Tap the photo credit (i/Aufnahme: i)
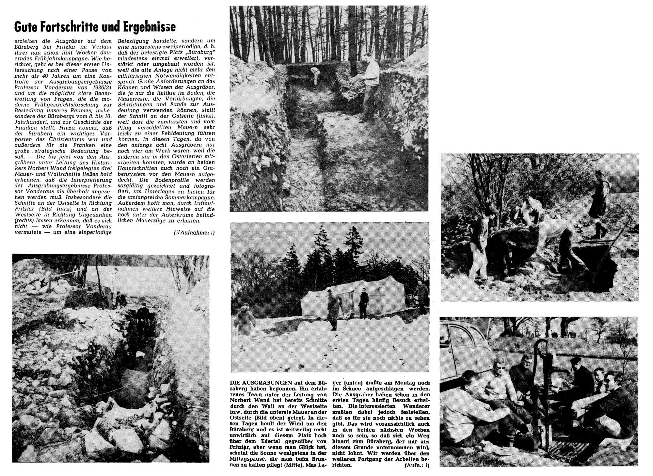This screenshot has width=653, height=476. click(x=194, y=232)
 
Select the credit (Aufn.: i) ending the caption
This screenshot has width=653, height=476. click(x=416, y=465)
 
